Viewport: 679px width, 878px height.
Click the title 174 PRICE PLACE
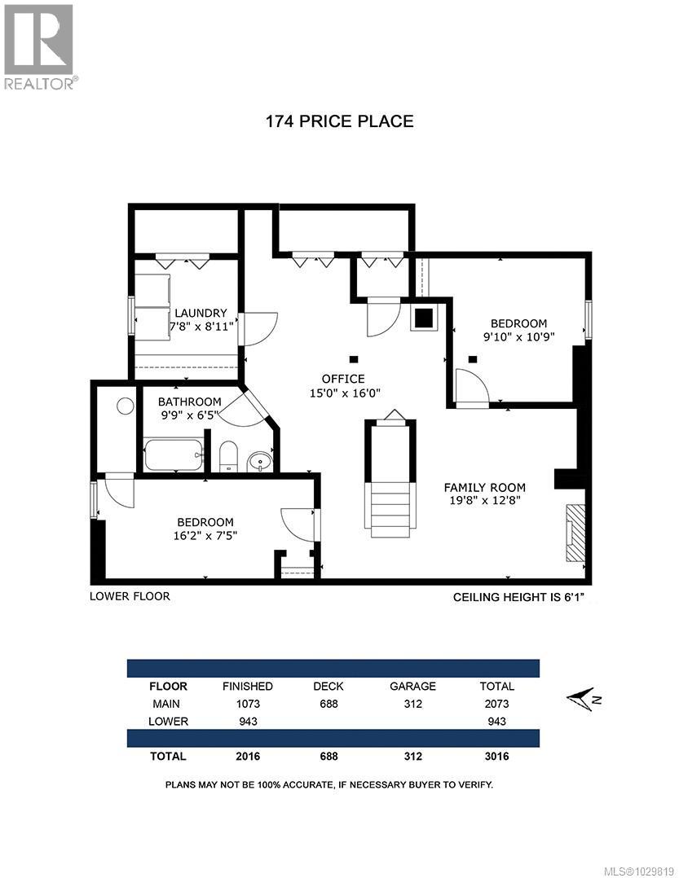point(339,121)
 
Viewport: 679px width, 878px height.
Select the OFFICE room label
point(343,379)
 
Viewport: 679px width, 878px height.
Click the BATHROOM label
point(189,402)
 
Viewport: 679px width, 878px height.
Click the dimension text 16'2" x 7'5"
point(205,535)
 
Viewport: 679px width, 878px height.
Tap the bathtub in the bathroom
point(173,455)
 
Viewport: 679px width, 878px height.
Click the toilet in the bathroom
point(228,456)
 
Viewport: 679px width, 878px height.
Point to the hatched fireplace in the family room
point(576,532)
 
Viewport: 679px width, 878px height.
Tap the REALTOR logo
point(39,45)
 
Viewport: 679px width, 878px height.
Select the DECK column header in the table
point(328,686)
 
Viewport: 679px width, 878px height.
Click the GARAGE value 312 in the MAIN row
point(412,704)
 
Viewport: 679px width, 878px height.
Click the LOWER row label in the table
point(170,721)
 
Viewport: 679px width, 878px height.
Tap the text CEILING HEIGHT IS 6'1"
point(518,597)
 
